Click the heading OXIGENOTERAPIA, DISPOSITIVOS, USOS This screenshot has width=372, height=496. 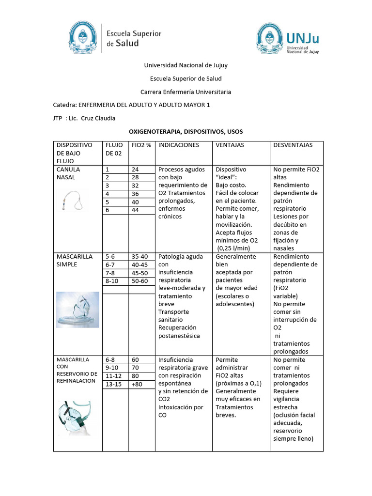tap(186, 132)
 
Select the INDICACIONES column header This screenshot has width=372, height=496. tap(179, 145)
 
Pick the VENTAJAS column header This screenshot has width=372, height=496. tap(230, 145)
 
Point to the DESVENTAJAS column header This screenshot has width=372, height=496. tap(293, 145)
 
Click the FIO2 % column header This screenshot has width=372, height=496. tap(141, 145)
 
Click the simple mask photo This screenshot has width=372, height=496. tap(77, 310)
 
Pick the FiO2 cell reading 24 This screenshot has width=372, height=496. tap(135, 170)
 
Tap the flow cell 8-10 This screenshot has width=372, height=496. tap(113, 280)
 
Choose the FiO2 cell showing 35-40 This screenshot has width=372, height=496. tap(139, 257)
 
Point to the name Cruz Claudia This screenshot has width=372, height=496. tap(98, 118)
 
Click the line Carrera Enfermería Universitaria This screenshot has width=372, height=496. tap(186, 92)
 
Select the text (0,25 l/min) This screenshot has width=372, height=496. tap(237, 248)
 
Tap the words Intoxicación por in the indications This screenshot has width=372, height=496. tap(181, 407)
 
